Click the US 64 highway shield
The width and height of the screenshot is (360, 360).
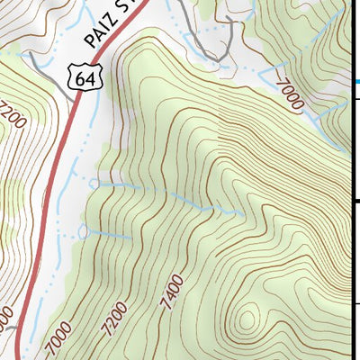[x=85, y=79]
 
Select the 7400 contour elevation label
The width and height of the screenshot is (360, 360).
[x=172, y=294]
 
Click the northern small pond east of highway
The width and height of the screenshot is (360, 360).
[x=94, y=184]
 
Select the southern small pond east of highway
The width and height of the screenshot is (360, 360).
[x=84, y=232]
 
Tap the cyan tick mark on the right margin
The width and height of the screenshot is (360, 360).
[x=356, y=81]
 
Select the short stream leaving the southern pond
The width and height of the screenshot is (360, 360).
[x=108, y=236]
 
